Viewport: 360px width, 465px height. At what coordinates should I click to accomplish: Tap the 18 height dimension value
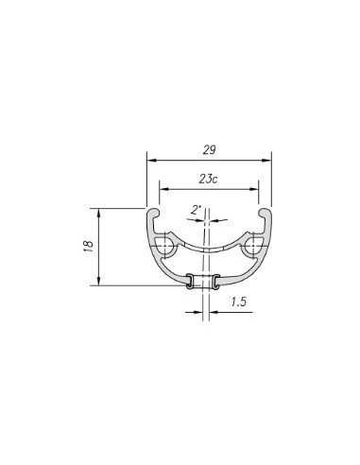click(x=89, y=246)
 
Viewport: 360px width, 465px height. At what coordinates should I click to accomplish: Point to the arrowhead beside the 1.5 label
click(x=215, y=317)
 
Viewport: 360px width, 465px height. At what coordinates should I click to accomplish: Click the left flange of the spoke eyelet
click(x=190, y=281)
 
